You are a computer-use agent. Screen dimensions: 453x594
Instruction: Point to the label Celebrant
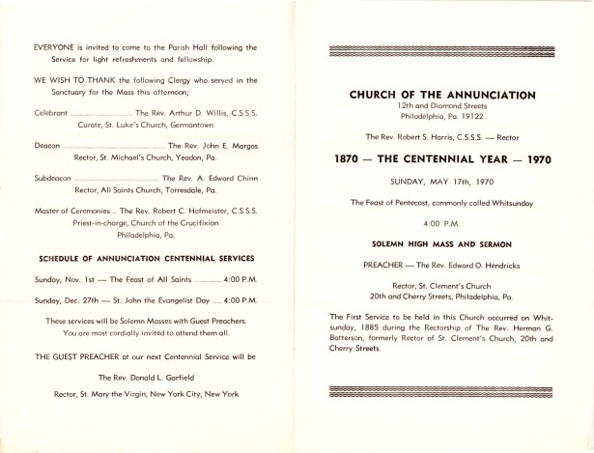53,114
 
